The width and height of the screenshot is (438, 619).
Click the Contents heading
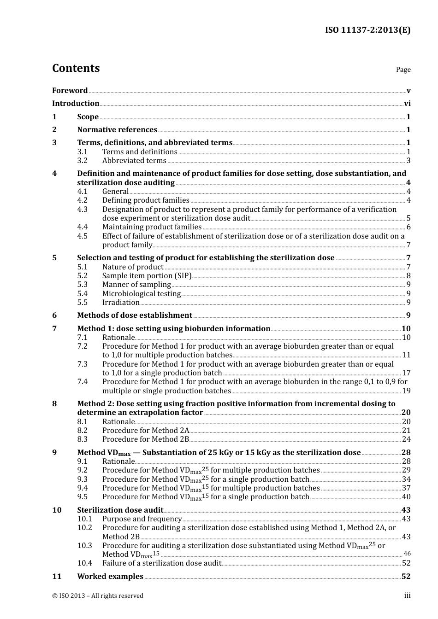coord(76,68)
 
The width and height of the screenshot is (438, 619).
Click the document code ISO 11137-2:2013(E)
coord(367,30)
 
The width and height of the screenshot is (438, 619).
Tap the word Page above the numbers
coord(403,70)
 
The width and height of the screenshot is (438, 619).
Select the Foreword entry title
coord(70,90)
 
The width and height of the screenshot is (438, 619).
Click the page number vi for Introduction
coord(407,104)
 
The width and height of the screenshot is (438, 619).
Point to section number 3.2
coord(82,161)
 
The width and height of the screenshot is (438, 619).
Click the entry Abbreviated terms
coord(134,161)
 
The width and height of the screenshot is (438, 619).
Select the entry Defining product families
coord(146,200)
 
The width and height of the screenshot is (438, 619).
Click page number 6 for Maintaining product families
coord(408,227)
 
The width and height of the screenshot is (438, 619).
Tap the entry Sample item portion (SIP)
coord(147,276)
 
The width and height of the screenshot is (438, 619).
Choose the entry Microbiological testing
coord(142,294)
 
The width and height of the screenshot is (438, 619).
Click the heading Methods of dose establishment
coord(135,315)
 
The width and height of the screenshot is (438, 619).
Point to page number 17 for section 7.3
coord(406,373)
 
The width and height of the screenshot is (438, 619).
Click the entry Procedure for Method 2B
coord(146,439)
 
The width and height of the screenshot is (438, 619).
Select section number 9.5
coord(82,497)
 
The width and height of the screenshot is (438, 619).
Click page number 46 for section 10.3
coord(407,554)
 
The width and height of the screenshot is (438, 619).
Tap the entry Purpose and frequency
coord(142,519)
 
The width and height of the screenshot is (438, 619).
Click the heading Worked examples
coord(110,577)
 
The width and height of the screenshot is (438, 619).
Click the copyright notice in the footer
coord(98,596)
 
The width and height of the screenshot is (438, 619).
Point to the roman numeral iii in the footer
coord(408,596)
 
